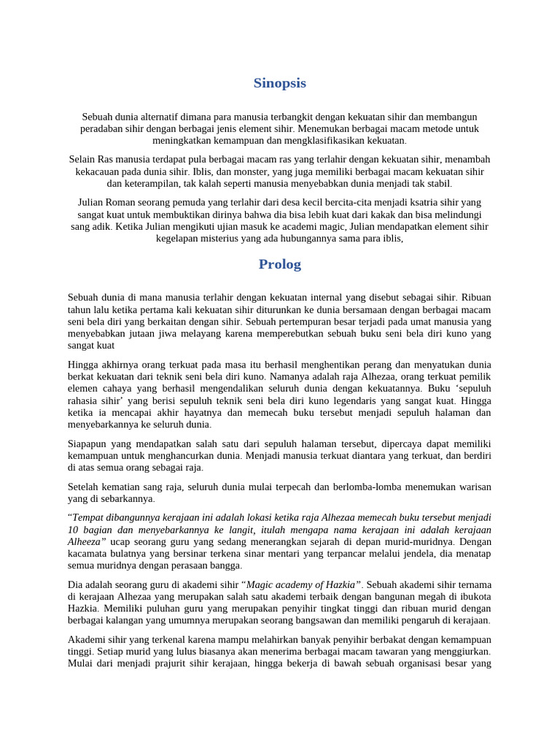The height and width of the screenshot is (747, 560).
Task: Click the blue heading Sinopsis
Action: tap(280, 83)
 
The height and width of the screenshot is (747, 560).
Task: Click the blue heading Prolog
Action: tap(280, 264)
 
